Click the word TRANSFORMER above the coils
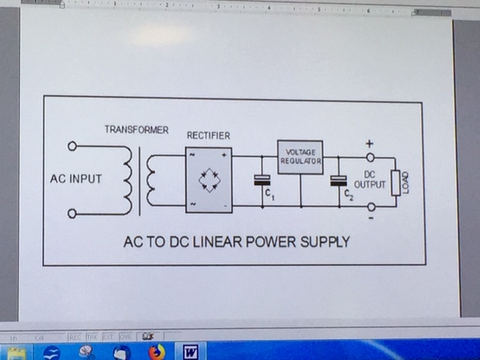[136, 130]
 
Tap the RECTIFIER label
[208, 136]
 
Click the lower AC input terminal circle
[72, 214]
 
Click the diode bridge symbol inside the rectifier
[208, 180]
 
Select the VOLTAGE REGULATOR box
[300, 157]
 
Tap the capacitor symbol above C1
[261, 179]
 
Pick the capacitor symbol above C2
[338, 180]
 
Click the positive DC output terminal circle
[370, 157]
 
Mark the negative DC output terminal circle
[370, 205]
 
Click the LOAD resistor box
[395, 182]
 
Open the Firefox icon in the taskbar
[156, 351]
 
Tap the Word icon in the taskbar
[189, 351]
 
